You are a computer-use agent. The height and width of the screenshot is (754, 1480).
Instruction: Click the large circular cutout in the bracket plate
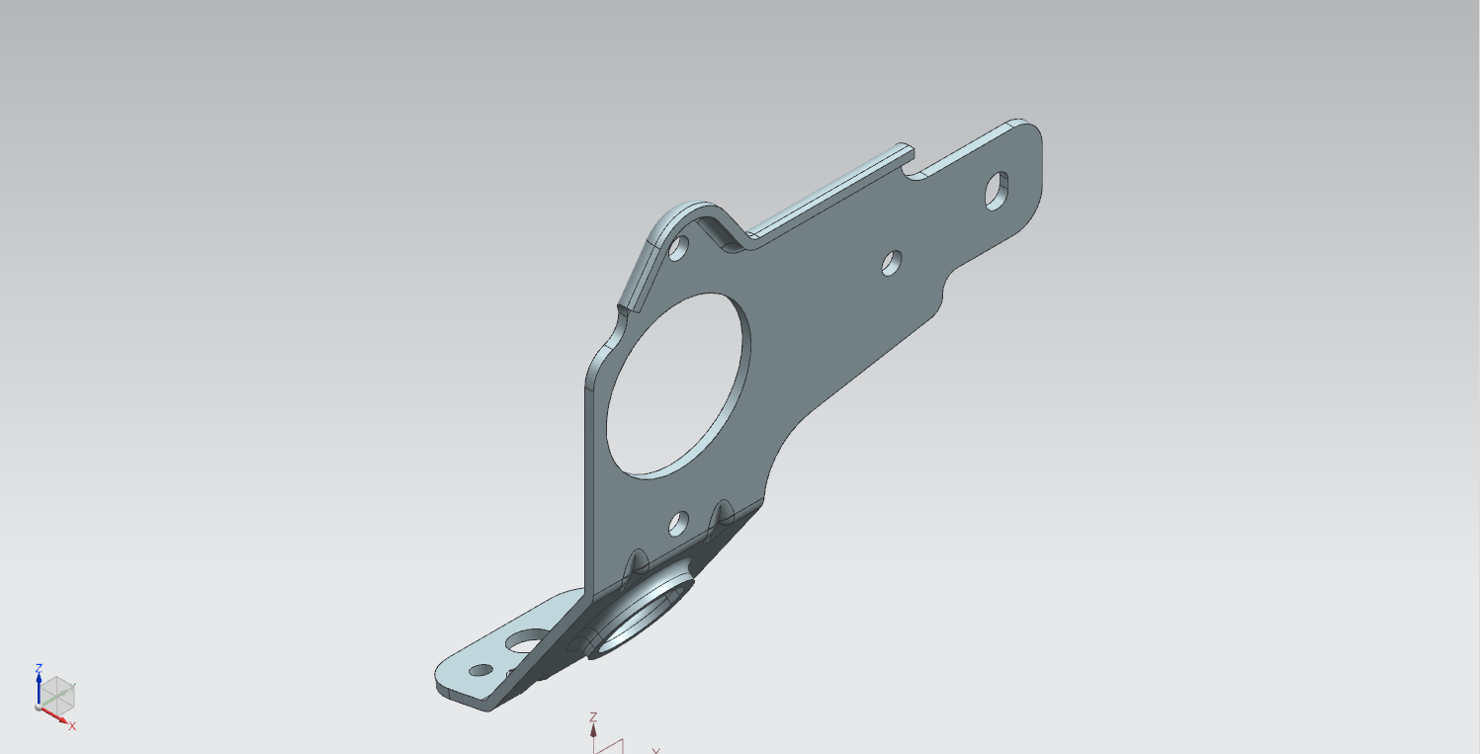click(676, 385)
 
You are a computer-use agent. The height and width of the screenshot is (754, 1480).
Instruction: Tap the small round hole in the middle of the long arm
click(891, 262)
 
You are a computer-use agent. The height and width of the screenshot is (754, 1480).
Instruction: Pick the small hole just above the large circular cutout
click(679, 247)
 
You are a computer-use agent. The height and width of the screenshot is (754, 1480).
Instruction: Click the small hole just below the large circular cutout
click(679, 523)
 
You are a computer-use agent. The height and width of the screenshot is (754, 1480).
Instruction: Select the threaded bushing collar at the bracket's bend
click(643, 613)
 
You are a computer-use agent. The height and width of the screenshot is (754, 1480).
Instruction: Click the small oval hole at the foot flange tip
click(480, 670)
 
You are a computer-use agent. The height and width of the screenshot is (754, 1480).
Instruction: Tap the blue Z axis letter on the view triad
click(39, 668)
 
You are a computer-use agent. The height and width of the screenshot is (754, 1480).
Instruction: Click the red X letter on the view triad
click(72, 726)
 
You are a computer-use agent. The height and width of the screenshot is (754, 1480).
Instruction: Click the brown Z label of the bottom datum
click(593, 716)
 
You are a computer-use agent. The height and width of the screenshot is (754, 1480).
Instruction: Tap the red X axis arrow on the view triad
click(57, 716)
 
